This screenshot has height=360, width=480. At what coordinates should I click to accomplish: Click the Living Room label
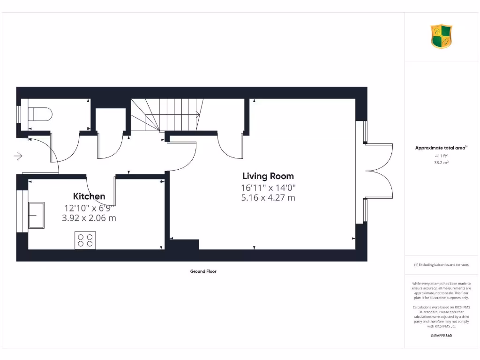coord(268,176)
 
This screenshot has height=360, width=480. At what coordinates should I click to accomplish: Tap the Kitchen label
coord(89,196)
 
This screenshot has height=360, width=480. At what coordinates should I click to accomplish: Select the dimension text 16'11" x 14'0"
coord(268,188)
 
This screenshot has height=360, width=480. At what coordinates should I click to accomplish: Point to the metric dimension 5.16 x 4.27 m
coord(268,198)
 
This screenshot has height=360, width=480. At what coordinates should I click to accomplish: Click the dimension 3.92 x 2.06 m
coord(89,218)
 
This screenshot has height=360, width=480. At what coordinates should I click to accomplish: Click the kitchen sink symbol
coord(36,215)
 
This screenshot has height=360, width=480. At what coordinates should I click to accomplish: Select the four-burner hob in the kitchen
coord(85,240)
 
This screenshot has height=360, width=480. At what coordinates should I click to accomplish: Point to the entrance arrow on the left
coord(19,156)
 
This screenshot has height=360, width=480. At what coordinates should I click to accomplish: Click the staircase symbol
coord(166,115)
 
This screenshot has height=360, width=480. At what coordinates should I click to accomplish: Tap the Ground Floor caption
coord(203,271)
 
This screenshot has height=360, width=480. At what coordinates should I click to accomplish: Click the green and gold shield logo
coord(441,37)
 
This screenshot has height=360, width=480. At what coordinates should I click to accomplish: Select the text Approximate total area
coord(441,148)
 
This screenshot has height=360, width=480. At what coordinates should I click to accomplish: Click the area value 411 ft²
coord(441,156)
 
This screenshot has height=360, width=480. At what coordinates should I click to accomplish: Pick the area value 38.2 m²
coord(441,163)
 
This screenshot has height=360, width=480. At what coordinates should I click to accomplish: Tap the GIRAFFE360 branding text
coord(441,336)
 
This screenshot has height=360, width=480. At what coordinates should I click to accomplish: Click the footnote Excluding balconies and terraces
coord(441,265)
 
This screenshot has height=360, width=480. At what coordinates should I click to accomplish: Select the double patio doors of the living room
coord(377,171)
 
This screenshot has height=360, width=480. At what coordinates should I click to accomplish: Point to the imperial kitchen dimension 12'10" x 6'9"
coord(89,208)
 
